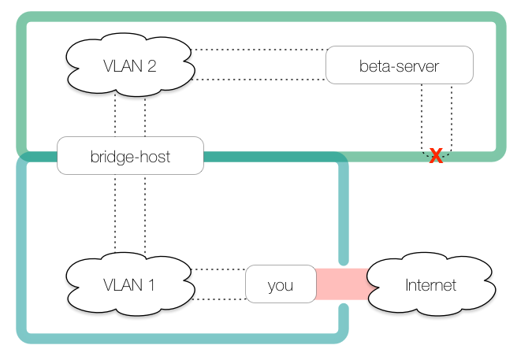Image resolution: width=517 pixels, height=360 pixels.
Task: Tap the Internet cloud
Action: pos(430,284)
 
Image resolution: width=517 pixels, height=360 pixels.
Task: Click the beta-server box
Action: pos(399,65)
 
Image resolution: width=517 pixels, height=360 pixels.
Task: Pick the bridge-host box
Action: pos(130,156)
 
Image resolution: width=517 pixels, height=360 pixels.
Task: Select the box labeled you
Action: pos(280,284)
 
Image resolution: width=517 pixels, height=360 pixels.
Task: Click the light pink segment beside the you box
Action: pos(329,284)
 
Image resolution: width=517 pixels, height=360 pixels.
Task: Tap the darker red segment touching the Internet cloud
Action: pos(356,284)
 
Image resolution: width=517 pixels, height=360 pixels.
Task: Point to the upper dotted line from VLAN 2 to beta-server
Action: pos(260,50)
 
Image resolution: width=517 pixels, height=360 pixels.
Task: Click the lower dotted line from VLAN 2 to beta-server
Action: pos(260,80)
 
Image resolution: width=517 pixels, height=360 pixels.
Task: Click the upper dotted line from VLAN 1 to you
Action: pos(219,269)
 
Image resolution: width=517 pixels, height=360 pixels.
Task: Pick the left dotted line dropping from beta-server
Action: pos(422,114)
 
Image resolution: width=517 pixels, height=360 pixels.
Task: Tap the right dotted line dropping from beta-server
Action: pos(452,114)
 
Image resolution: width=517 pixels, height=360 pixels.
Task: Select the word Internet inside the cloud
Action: pos(430,284)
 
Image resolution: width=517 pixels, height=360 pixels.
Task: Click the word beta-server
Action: pos(399,66)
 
